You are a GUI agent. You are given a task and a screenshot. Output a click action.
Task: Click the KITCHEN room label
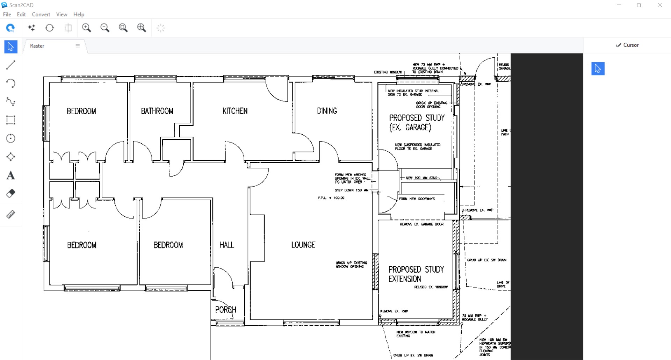[x=235, y=111]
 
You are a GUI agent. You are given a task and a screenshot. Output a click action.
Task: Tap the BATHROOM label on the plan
[x=157, y=111]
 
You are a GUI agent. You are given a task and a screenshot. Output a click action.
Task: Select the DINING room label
[x=327, y=111]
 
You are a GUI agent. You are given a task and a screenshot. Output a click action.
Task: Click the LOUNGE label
[x=303, y=245]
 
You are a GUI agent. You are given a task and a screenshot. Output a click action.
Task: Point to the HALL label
[x=226, y=245]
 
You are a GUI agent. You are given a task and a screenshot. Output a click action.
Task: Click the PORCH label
[x=225, y=310]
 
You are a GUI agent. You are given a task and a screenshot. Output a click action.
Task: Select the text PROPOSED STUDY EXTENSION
[x=416, y=274]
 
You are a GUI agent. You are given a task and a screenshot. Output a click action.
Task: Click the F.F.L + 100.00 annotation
[x=331, y=198]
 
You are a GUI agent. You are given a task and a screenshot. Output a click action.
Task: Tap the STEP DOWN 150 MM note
[x=351, y=190]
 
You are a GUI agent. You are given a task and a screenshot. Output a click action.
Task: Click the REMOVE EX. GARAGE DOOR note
[x=421, y=224]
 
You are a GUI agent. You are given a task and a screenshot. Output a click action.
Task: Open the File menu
[x=7, y=14]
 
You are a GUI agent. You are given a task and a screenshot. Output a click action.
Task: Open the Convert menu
[x=41, y=14]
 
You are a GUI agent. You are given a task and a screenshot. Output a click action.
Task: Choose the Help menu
[x=79, y=14]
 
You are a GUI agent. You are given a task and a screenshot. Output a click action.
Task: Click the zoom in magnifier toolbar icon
[x=86, y=28]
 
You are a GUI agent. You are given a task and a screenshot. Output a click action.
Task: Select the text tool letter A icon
[x=10, y=175]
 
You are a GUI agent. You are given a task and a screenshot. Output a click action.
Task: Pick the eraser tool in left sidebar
[x=10, y=194]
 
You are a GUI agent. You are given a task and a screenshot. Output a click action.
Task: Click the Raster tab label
[x=37, y=46]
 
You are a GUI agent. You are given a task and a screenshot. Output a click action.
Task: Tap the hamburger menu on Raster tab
[x=78, y=46]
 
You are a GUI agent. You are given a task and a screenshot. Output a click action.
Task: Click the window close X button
[x=659, y=5]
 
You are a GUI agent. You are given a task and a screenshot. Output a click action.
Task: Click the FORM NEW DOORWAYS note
[x=417, y=199]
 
